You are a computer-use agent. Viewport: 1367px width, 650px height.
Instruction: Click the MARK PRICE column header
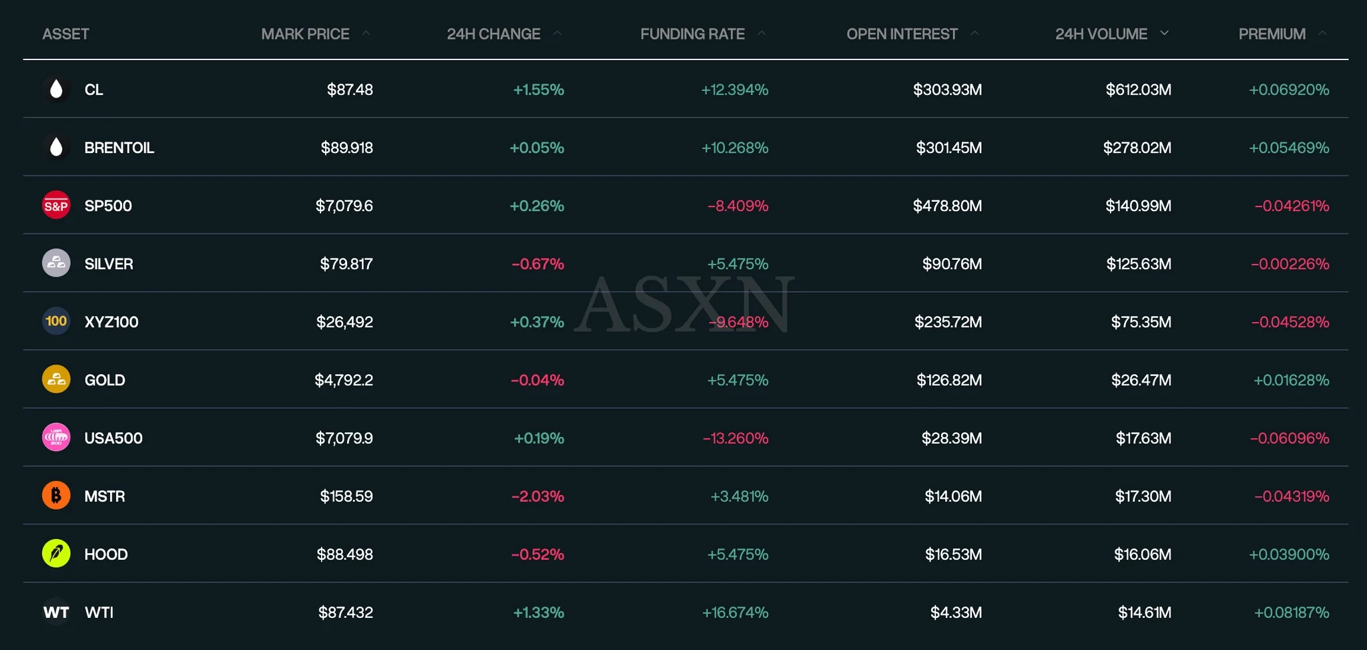[305, 34]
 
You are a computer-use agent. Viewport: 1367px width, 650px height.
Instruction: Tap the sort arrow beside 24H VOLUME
[1164, 33]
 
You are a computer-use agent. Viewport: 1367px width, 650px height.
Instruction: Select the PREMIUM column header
[1272, 34]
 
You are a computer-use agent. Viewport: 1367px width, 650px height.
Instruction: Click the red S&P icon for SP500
[56, 206]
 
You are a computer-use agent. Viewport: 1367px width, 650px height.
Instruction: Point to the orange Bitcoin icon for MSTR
[56, 496]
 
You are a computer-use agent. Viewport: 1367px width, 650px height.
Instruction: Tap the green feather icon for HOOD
[56, 554]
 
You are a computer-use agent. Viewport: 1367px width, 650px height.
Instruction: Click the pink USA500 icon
[56, 438]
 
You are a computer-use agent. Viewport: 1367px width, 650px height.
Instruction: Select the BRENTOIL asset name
[119, 148]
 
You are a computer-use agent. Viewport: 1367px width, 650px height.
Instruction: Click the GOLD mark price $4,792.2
[344, 380]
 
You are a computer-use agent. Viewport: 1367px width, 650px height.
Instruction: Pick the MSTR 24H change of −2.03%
[537, 496]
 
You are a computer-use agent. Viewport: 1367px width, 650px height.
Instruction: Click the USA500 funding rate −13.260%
[735, 438]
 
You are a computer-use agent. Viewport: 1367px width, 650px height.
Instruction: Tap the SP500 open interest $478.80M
[947, 206]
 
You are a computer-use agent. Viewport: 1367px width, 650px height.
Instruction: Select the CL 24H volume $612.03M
[1138, 90]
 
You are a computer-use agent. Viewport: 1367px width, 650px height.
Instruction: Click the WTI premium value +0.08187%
[1291, 613]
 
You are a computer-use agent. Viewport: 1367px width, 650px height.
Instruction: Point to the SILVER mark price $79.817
[346, 264]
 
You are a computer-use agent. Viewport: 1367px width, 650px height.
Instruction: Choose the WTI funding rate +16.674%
[735, 613]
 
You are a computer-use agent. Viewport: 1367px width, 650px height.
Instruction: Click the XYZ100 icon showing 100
[56, 321]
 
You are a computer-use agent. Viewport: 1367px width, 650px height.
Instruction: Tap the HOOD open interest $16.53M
[953, 554]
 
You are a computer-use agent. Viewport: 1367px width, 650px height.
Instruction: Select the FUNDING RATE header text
[692, 34]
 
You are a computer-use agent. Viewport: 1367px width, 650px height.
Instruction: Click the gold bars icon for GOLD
[56, 379]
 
